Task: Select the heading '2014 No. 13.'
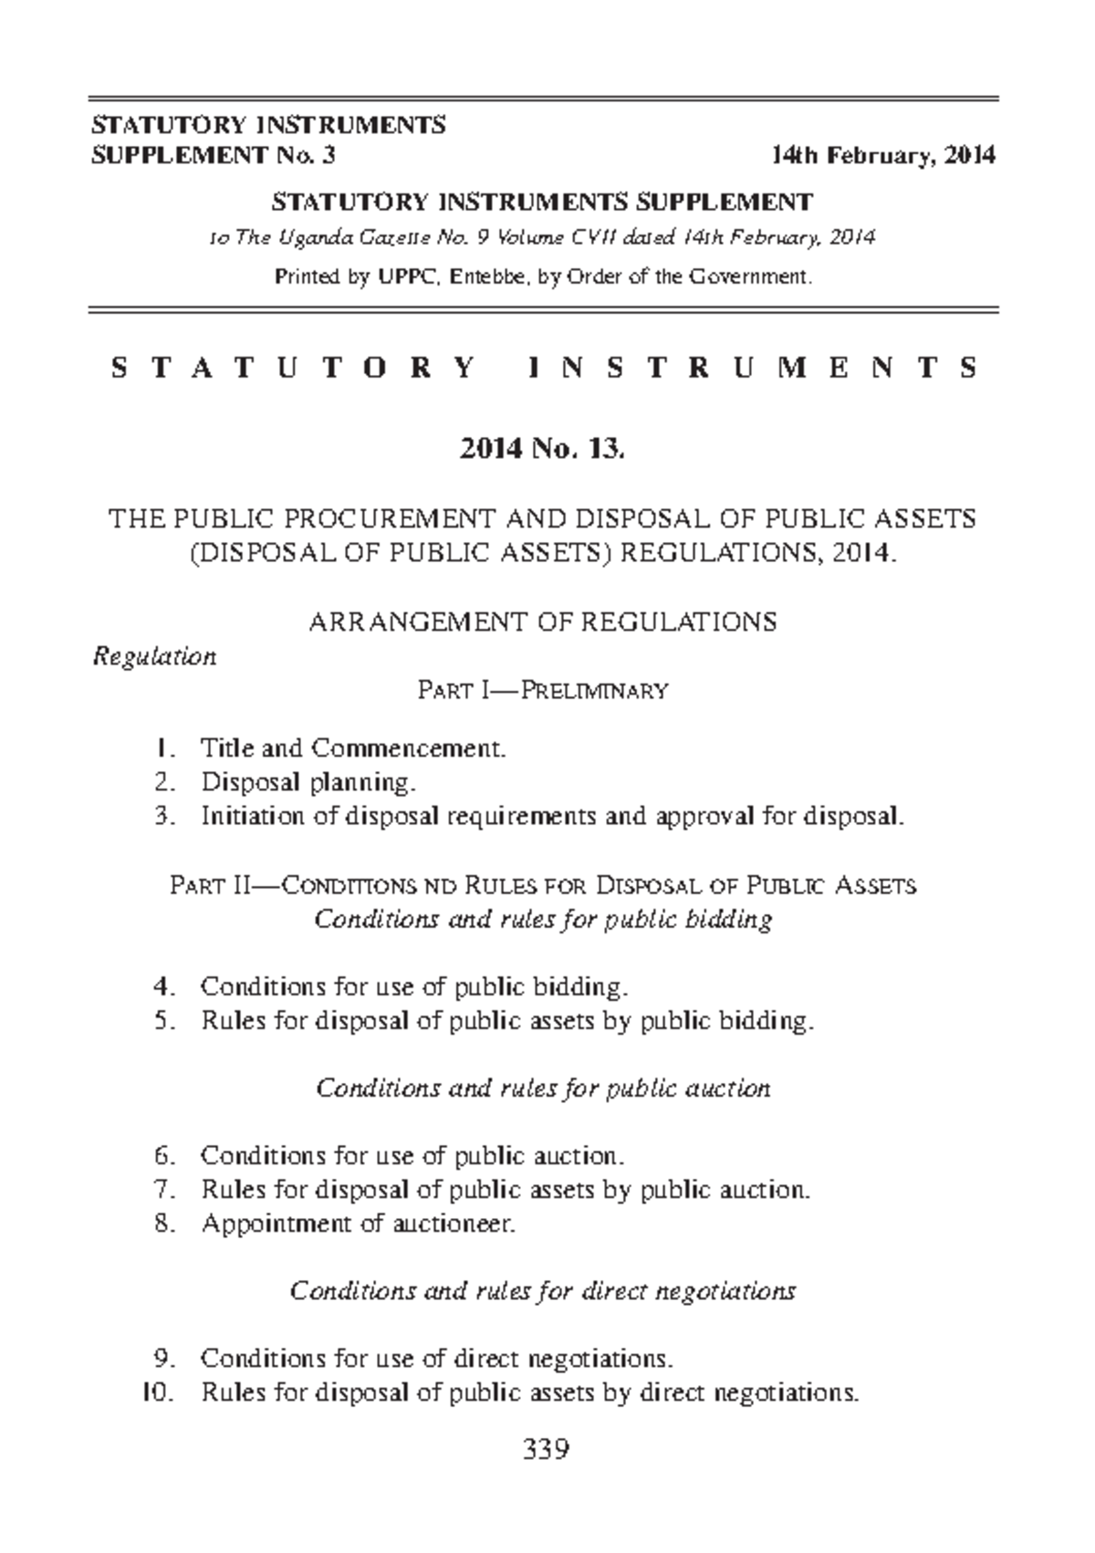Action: pos(542,449)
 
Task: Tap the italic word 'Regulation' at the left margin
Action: pos(155,657)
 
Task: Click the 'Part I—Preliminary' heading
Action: pos(543,691)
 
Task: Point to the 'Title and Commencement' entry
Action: pos(352,749)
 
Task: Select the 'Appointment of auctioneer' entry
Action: pos(359,1223)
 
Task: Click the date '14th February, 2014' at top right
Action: pos(882,156)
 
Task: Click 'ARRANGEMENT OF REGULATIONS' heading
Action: pos(543,622)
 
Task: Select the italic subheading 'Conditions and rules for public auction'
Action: pos(543,1088)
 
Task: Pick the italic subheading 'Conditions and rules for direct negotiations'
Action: pos(543,1291)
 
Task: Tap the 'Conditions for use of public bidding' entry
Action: pos(414,986)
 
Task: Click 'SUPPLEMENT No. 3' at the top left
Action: pos(214,156)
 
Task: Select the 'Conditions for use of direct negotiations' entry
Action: pos(437,1359)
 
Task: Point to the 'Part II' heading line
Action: pos(543,885)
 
